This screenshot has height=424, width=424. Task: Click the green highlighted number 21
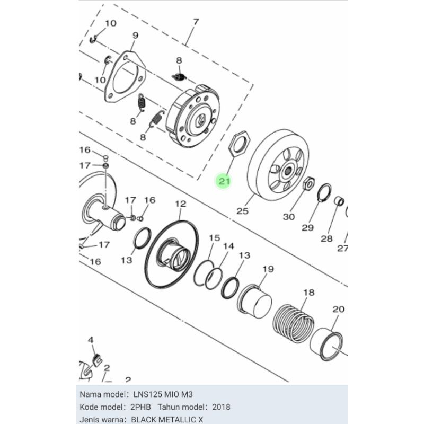click(x=224, y=182)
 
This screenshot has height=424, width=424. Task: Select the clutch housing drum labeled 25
click(x=277, y=164)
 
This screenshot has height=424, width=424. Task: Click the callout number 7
click(x=196, y=22)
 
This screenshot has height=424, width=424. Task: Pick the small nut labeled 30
click(x=307, y=184)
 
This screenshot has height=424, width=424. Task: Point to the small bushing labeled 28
click(x=339, y=201)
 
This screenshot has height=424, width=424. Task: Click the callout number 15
click(x=214, y=238)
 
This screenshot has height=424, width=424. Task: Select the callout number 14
click(x=228, y=246)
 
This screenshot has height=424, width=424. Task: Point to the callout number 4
click(x=91, y=340)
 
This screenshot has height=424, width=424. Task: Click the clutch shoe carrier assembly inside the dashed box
click(x=194, y=117)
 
